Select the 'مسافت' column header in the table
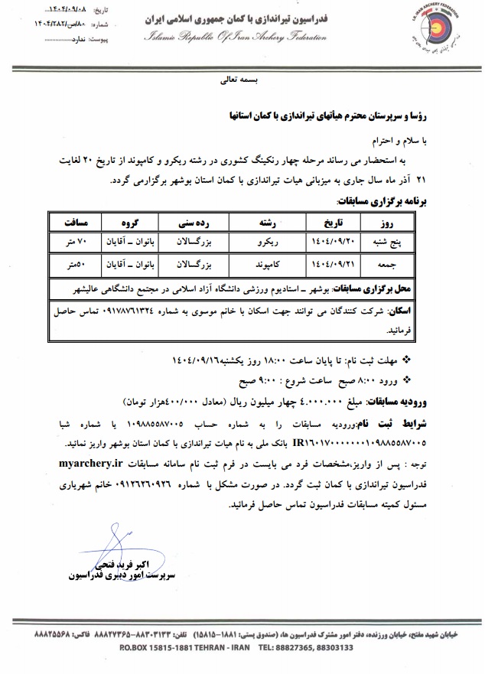(79, 223)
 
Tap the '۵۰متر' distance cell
(79, 265)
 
